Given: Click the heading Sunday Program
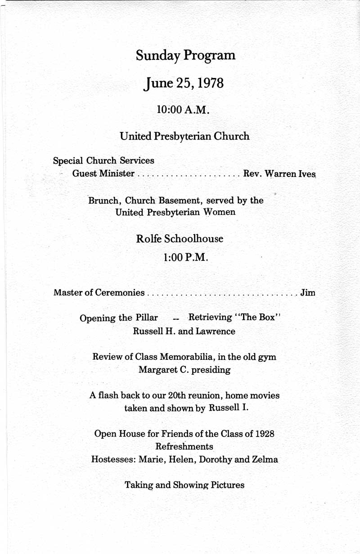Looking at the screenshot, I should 185,56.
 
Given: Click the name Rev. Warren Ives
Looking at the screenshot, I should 279,173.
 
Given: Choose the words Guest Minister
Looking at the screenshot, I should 103,173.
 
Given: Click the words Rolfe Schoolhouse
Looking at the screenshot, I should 180,239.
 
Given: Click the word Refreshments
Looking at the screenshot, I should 184,447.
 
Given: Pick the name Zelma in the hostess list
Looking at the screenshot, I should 265,460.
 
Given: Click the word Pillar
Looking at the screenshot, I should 146,318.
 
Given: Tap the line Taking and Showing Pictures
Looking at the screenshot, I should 184,485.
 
